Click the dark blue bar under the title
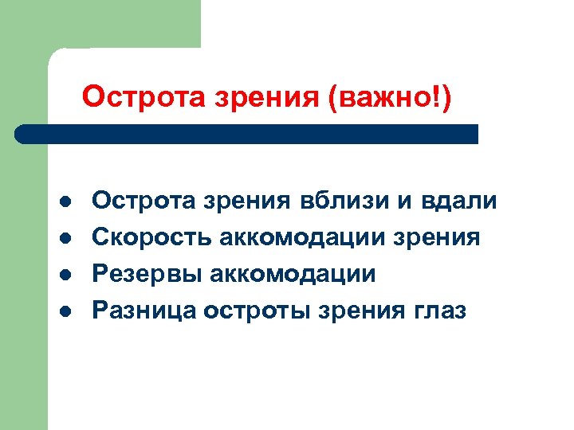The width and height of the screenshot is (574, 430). pyautogui.click(x=247, y=134)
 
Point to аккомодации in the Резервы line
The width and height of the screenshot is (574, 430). pyautogui.click(x=291, y=275)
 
